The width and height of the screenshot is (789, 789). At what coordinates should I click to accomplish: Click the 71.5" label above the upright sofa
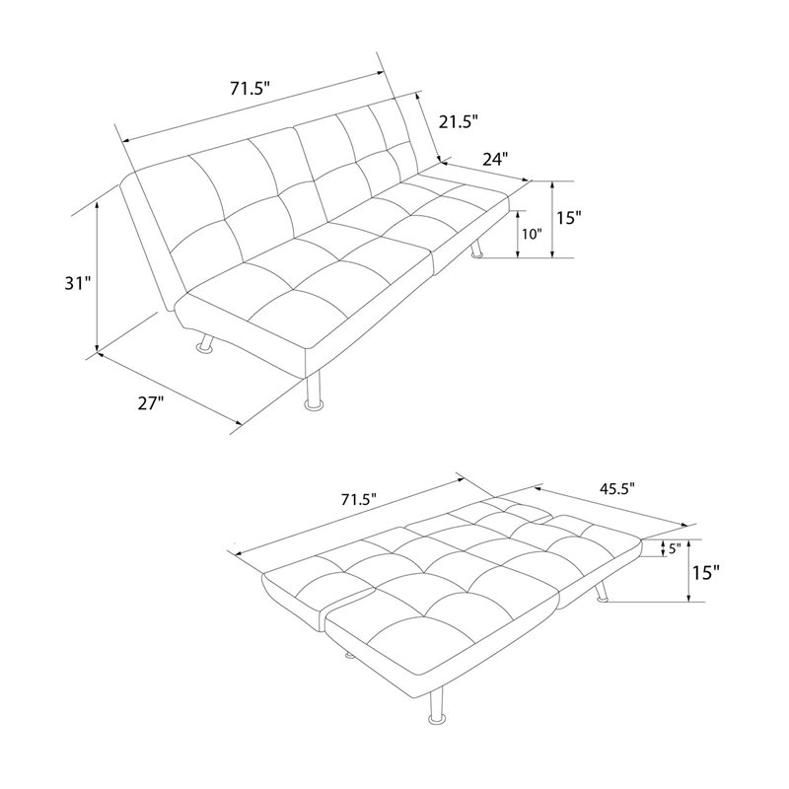click(x=251, y=89)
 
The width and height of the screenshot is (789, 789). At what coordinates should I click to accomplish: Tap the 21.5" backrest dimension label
click(x=458, y=121)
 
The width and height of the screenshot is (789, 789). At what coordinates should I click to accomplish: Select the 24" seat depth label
click(x=495, y=160)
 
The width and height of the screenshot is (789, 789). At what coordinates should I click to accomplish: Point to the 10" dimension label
click(x=532, y=234)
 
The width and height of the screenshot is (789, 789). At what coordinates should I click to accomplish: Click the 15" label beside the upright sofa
click(x=569, y=218)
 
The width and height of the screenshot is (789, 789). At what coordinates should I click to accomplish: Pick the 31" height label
click(x=77, y=284)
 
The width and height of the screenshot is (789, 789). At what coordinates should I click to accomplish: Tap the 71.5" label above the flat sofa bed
click(x=359, y=500)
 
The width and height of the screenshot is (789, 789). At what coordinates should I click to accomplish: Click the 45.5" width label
click(x=617, y=488)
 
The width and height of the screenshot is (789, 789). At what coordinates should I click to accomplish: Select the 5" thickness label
click(x=675, y=548)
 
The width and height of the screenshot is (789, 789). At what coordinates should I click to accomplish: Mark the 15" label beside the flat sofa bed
click(x=706, y=573)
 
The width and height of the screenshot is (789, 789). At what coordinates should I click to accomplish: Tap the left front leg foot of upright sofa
click(x=206, y=348)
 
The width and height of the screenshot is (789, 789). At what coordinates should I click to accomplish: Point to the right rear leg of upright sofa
click(x=475, y=250)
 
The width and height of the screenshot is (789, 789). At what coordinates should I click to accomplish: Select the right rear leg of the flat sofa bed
click(x=602, y=593)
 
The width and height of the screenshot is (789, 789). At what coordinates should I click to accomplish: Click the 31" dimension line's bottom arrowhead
click(x=97, y=347)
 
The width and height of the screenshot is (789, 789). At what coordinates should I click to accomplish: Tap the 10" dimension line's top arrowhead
click(x=517, y=214)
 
